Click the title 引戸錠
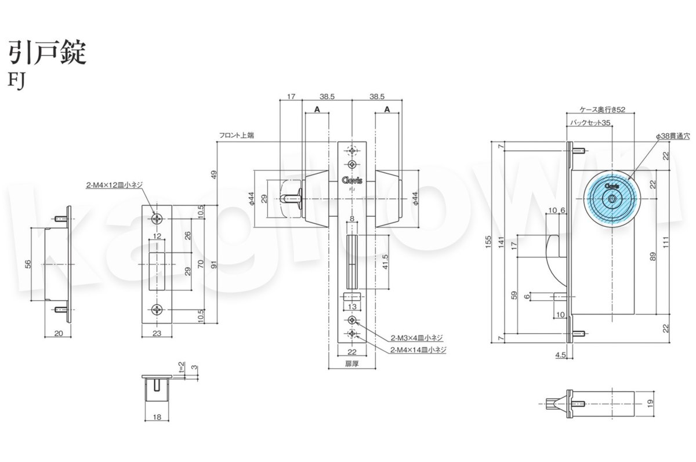47,53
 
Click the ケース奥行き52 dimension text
603,110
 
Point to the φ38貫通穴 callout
671,135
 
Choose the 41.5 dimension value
385,260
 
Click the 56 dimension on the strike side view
28,264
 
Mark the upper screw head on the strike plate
157,219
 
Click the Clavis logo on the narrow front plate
352,180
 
